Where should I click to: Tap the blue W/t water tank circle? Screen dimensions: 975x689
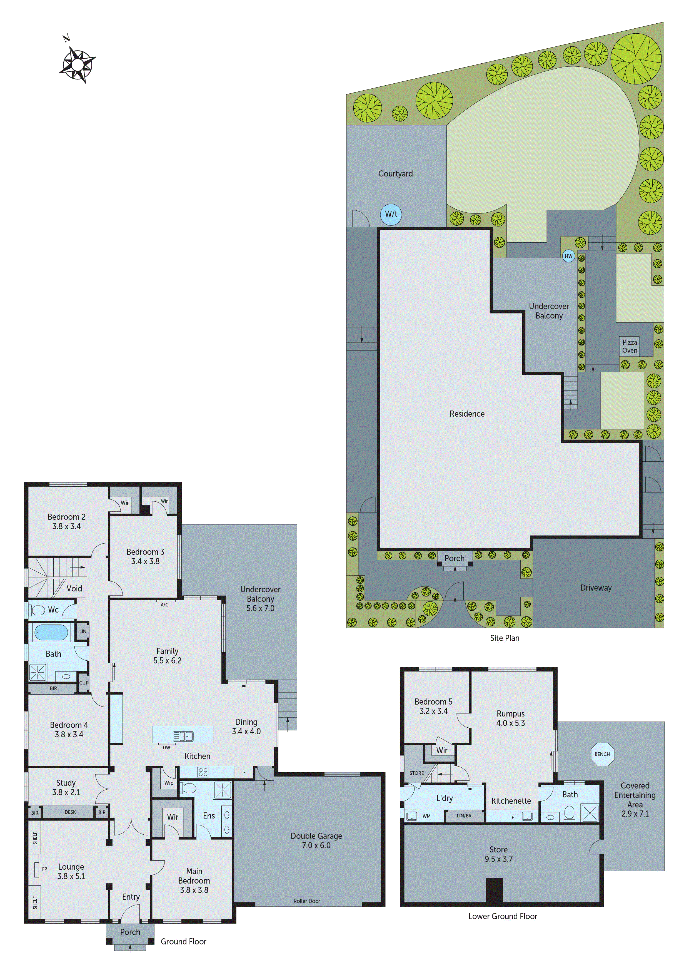[391, 214]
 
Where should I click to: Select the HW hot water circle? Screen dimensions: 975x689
[568, 256]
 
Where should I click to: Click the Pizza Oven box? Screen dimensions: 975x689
[630, 346]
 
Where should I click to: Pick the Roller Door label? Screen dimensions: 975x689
[306, 901]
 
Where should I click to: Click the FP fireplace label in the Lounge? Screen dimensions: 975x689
[44, 869]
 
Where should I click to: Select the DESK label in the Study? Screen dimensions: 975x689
[70, 812]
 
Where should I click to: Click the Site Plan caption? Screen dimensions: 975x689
[504, 638]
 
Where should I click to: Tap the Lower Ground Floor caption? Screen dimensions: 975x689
[503, 916]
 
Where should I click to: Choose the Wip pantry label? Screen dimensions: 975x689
[169, 783]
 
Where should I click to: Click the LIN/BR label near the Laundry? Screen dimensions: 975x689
[464, 815]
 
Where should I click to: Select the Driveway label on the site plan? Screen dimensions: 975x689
[596, 588]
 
